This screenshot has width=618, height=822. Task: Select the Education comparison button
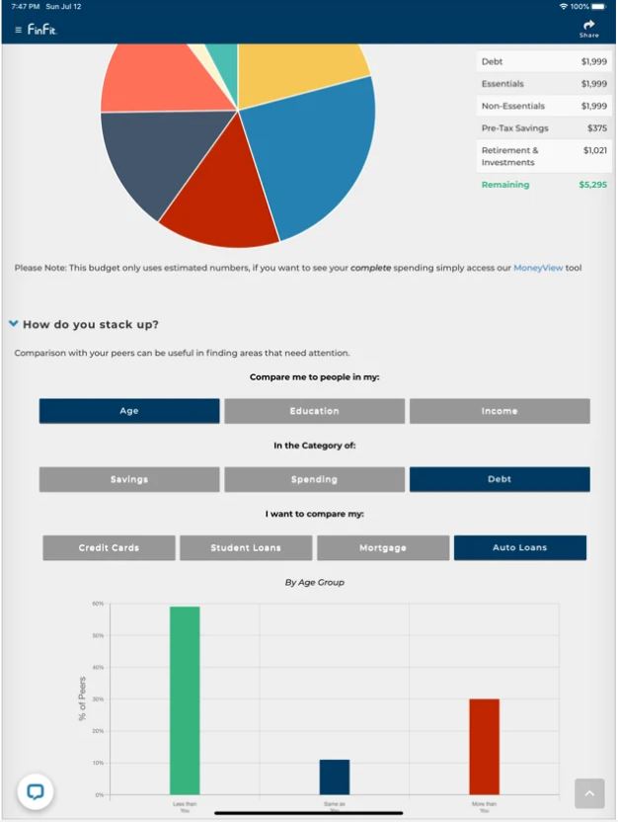click(314, 411)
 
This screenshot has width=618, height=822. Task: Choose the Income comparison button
click(500, 411)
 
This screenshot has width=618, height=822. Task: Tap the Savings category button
click(129, 479)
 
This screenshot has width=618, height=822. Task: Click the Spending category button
click(314, 479)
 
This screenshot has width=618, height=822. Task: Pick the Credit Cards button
click(109, 547)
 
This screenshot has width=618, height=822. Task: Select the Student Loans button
click(246, 547)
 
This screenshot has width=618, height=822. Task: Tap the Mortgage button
click(383, 547)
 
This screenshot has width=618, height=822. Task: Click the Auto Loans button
click(520, 547)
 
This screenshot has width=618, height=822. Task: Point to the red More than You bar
click(484, 746)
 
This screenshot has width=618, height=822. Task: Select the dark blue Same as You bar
click(335, 777)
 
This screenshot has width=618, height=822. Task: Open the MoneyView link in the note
click(538, 268)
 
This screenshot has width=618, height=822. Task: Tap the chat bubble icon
click(36, 790)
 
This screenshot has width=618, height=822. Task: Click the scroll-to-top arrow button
click(589, 793)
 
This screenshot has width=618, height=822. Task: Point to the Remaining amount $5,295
click(592, 185)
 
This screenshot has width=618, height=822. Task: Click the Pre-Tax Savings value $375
click(596, 128)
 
